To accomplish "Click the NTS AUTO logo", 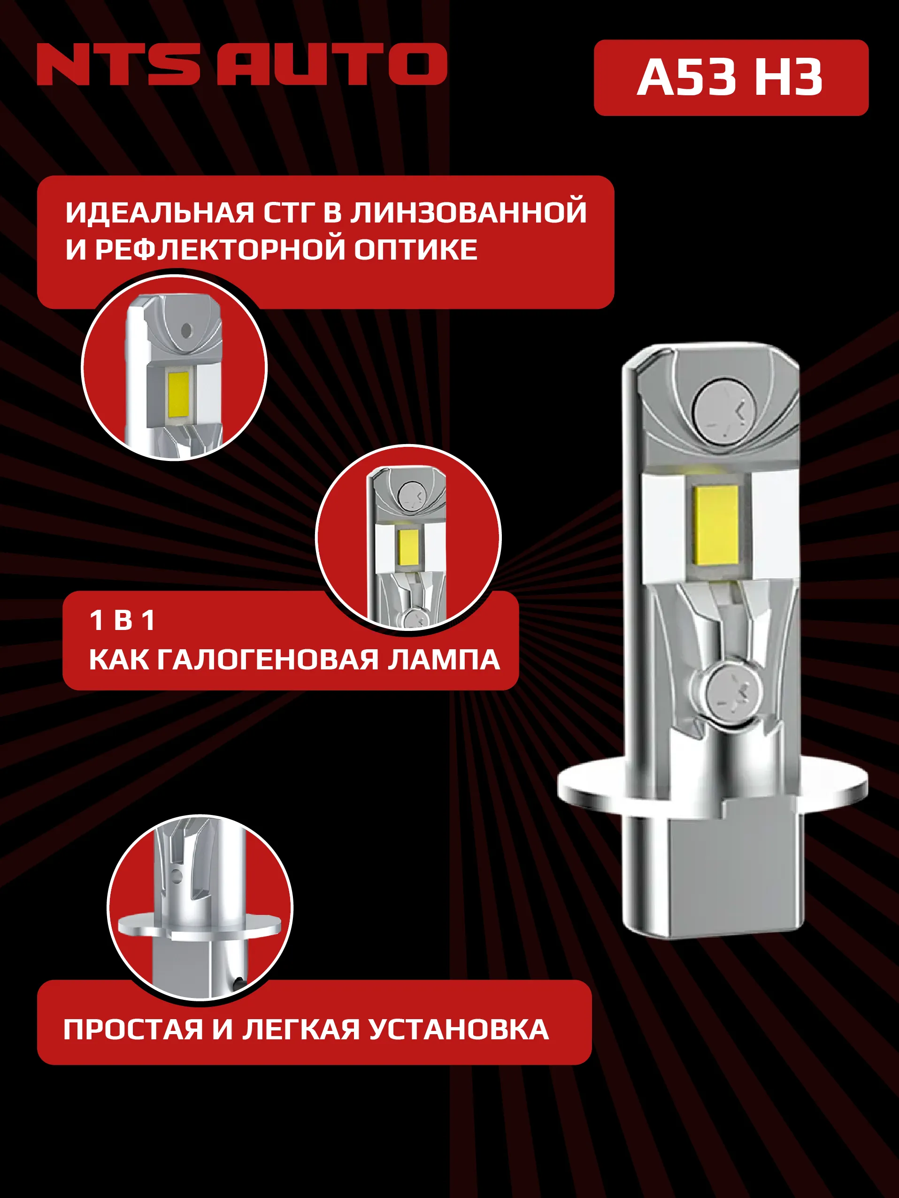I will [242, 64].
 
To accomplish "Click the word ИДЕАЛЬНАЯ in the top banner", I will [159, 212].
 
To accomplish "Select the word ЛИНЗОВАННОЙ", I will [469, 212].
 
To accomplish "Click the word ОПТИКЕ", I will [415, 250].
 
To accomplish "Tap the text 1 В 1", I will [123, 621].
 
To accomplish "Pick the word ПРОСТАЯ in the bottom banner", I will [133, 1029].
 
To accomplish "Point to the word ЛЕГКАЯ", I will [301, 1029].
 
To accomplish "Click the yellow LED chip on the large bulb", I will [717, 524].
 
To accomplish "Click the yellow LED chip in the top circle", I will [179, 395].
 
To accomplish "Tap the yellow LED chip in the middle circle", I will [408, 545].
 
